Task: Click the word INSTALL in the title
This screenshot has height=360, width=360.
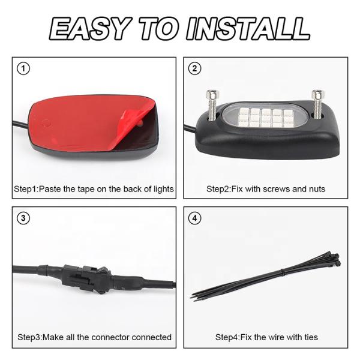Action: [248, 29]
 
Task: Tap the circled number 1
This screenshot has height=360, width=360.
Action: [23, 68]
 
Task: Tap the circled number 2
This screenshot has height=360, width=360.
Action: [194, 68]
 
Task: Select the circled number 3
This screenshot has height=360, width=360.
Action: [23, 218]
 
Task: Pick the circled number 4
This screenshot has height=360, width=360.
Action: [194, 218]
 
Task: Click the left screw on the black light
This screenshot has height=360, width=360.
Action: [212, 105]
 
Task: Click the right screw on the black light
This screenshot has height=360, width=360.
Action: [318, 104]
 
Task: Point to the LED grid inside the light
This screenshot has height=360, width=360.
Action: [266, 118]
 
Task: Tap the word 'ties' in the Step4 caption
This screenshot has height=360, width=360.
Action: [311, 337]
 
